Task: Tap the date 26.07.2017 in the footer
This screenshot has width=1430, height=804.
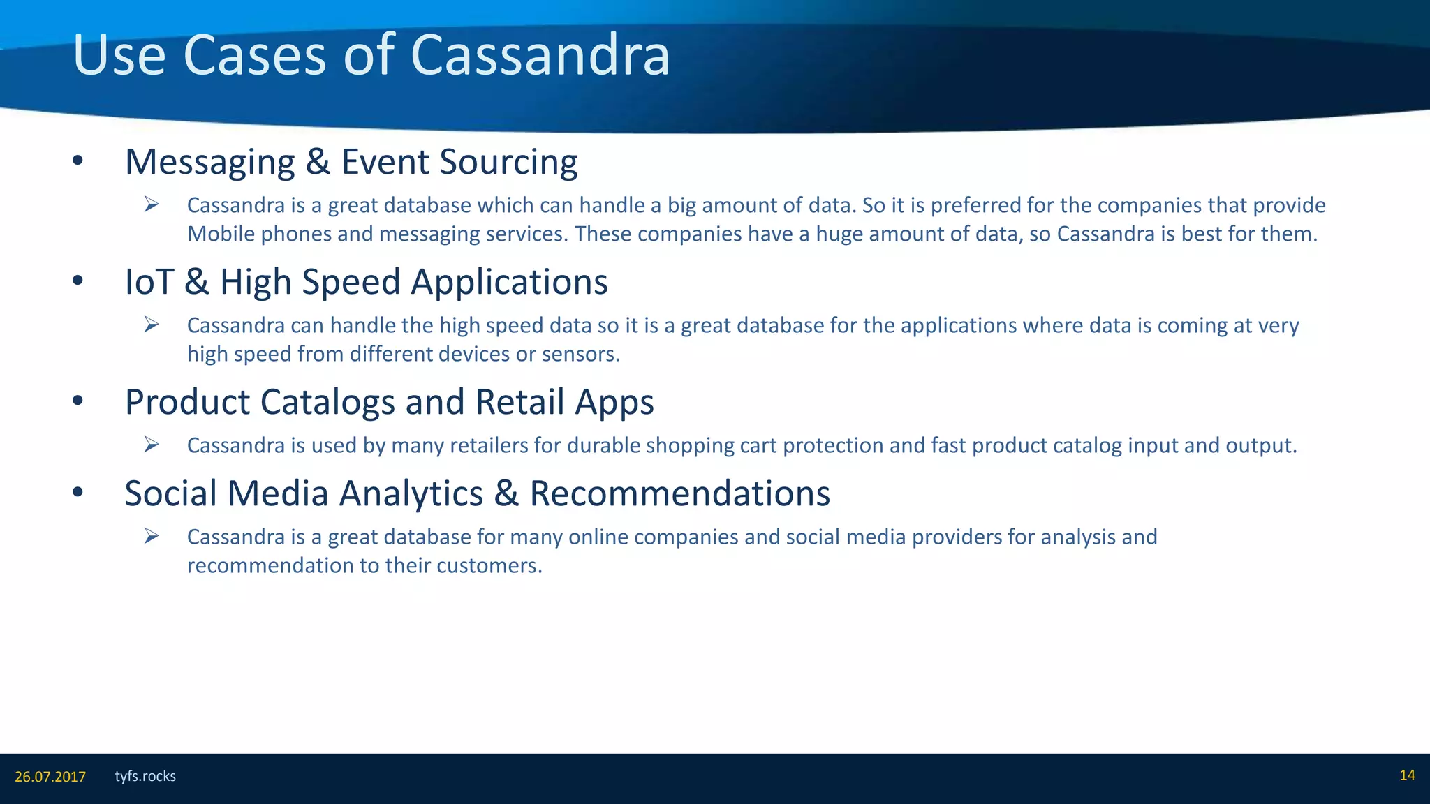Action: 50,777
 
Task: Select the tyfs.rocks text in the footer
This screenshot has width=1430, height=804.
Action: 145,776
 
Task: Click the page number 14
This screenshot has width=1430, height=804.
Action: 1407,775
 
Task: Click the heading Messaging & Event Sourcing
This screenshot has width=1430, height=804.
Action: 351,162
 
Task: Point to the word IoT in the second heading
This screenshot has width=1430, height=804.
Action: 149,282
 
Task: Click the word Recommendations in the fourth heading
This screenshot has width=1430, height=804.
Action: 679,493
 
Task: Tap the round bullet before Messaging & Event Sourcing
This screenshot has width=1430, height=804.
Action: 78,162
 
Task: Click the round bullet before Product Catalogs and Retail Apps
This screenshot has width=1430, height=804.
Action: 78,401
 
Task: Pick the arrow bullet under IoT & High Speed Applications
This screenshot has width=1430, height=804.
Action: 152,324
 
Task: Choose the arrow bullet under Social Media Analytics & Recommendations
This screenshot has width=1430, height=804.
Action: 152,535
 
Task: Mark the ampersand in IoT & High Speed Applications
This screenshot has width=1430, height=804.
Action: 197,282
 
